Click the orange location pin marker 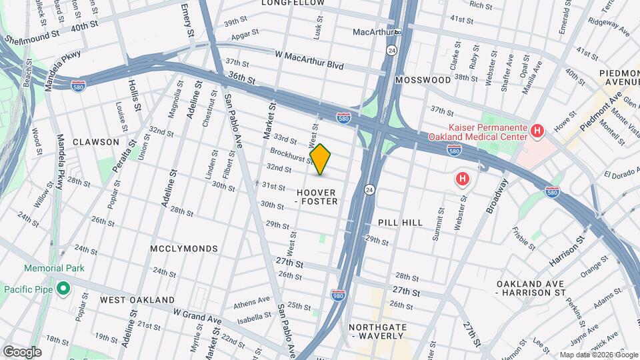321,159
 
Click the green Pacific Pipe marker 63,289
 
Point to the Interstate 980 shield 338,294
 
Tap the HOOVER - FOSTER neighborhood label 317,196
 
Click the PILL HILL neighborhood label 400,222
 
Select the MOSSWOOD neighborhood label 423,80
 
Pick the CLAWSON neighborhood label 96,142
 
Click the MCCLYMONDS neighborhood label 184,249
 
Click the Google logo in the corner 22,352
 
